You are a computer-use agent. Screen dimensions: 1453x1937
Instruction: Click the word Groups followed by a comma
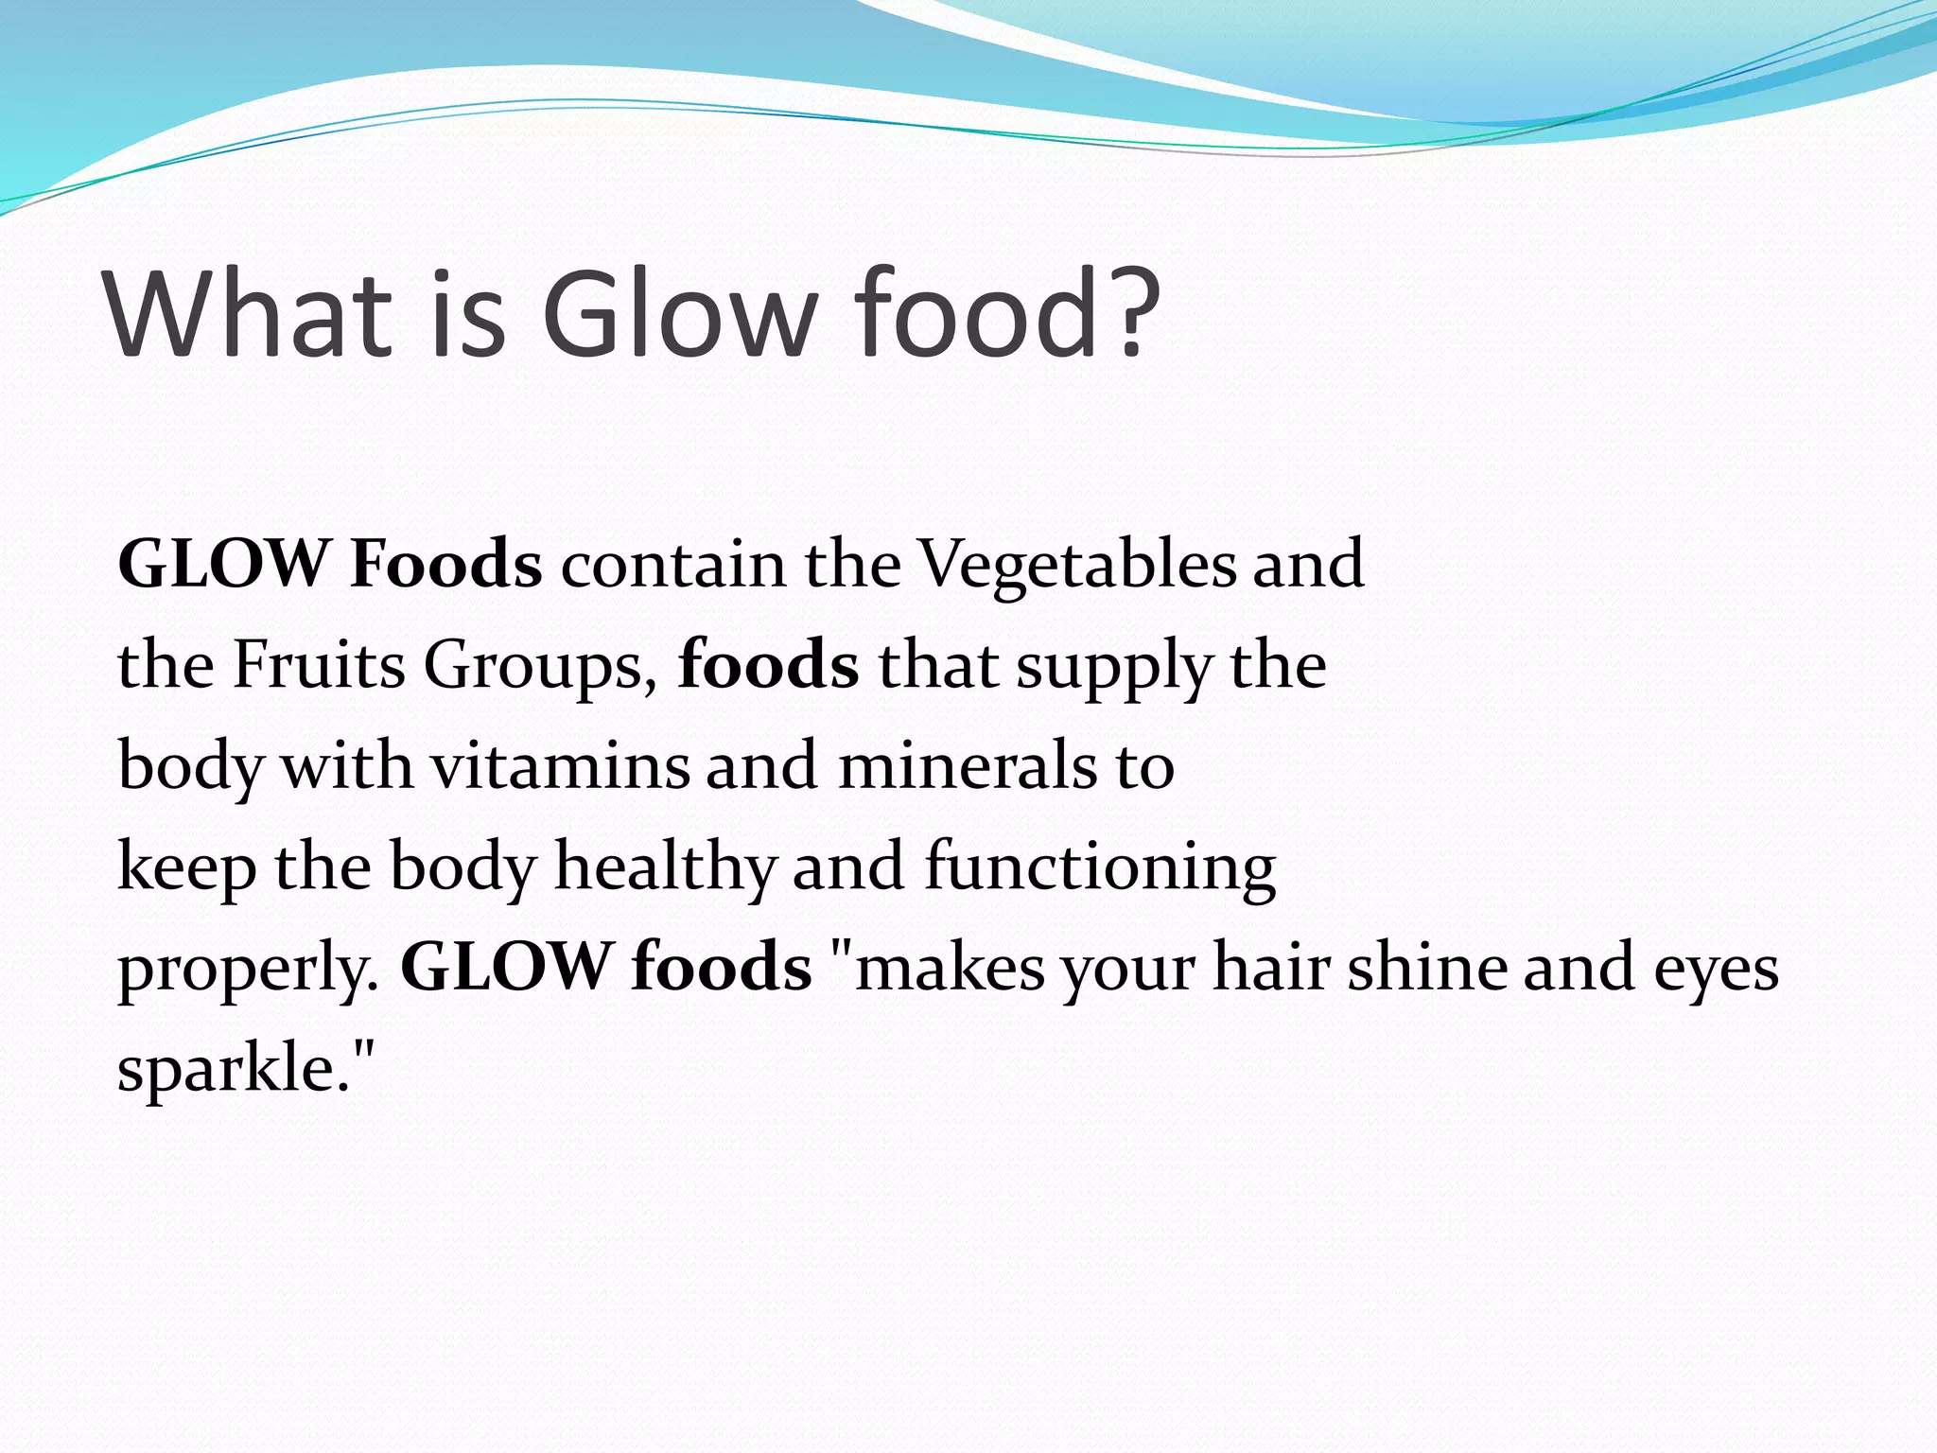[540, 667]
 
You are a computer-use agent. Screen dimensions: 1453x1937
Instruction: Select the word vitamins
[561, 766]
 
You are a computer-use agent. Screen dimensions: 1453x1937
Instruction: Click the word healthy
[664, 868]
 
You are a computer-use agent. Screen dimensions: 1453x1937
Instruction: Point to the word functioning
[1100, 868]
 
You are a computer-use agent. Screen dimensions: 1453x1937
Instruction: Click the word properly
[248, 971]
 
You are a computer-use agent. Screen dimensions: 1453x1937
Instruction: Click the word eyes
[1716, 971]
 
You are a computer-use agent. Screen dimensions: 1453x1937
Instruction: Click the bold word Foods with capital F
[445, 565]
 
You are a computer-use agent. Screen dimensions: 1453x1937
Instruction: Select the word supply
[1113, 667]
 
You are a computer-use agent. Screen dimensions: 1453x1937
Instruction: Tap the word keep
[186, 868]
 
